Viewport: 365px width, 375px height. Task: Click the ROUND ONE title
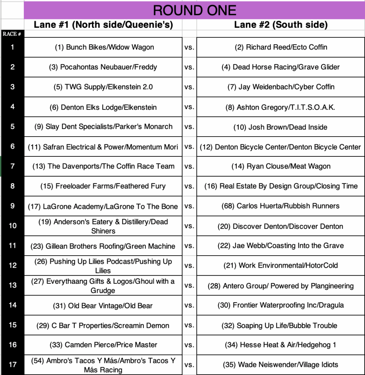pyautogui.click(x=194, y=10)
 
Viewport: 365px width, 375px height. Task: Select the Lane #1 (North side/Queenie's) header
pyautogui.click(x=103, y=25)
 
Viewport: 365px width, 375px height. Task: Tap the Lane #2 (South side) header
pyautogui.click(x=280, y=25)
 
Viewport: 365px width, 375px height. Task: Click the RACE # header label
pyautogui.click(x=12, y=34)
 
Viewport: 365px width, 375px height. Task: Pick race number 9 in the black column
pyautogui.click(x=12, y=206)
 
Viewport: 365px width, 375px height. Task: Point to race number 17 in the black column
pyautogui.click(x=12, y=364)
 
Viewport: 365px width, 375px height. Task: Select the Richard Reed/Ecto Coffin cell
pyautogui.click(x=281, y=47)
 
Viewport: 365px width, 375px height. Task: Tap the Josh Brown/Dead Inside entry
pyautogui.click(x=280, y=127)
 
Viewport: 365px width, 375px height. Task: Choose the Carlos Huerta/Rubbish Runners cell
pyautogui.click(x=280, y=206)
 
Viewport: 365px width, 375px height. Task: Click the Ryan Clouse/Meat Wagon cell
pyautogui.click(x=281, y=166)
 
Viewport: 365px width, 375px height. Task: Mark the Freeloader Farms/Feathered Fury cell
pyautogui.click(x=103, y=186)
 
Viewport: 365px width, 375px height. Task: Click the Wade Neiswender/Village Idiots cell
pyautogui.click(x=280, y=364)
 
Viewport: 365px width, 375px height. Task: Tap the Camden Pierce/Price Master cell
pyautogui.click(x=103, y=345)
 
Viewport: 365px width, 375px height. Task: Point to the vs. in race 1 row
pyautogui.click(x=189, y=47)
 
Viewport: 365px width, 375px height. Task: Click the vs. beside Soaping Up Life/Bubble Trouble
pyautogui.click(x=189, y=325)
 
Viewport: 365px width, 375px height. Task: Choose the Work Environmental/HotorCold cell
pyautogui.click(x=280, y=266)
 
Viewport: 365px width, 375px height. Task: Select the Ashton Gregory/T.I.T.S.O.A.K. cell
pyautogui.click(x=280, y=107)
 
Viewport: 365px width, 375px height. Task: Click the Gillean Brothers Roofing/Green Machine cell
pyautogui.click(x=103, y=246)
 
